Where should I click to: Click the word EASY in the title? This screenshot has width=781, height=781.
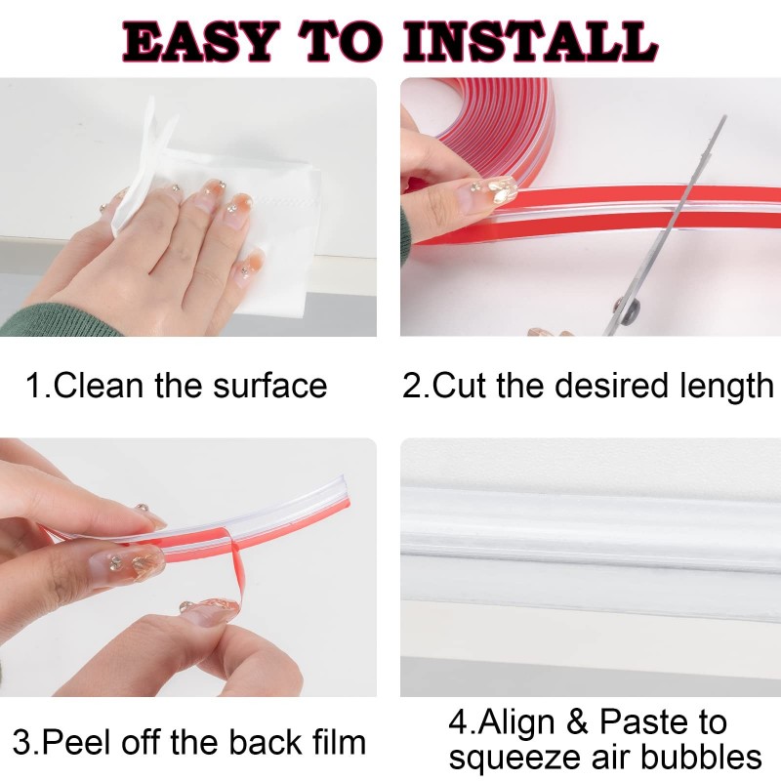[199, 42]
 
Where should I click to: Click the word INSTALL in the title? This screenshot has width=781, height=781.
[530, 42]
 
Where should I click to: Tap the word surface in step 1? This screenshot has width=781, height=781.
[270, 386]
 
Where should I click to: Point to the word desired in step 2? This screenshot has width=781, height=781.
[611, 386]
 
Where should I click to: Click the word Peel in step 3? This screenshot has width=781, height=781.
[76, 742]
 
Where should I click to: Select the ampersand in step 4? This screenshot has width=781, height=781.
[577, 721]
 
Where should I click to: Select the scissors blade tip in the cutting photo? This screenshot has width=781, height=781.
[723, 117]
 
